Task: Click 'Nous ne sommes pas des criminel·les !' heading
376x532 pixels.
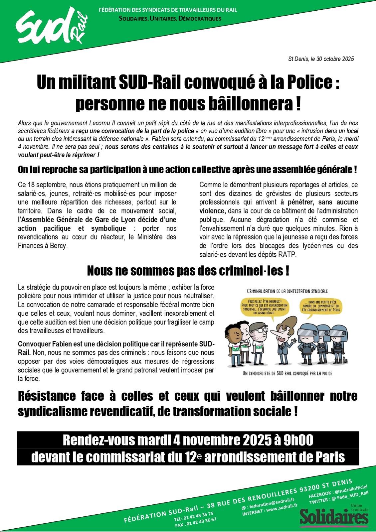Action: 188,271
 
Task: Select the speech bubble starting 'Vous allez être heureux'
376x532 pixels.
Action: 265,306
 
